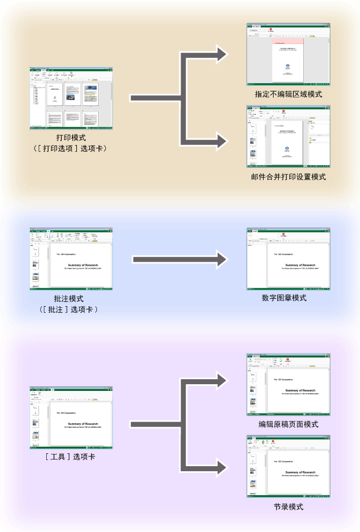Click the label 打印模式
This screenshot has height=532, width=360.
71,137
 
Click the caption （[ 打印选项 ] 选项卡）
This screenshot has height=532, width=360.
71,148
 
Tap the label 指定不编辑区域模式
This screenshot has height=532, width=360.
288,94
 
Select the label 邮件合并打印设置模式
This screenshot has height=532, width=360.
288,177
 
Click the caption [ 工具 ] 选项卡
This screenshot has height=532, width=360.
71,457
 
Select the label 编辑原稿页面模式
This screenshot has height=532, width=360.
288,424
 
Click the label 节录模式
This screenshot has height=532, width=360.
288,506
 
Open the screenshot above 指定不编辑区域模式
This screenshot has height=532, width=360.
289,54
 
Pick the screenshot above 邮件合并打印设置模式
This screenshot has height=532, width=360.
289,137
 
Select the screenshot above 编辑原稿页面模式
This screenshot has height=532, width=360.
289,385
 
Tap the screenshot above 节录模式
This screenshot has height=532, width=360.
289,466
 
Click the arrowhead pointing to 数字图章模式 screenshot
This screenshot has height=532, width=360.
222,259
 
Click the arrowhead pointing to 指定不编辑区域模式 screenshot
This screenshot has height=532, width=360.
222,54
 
